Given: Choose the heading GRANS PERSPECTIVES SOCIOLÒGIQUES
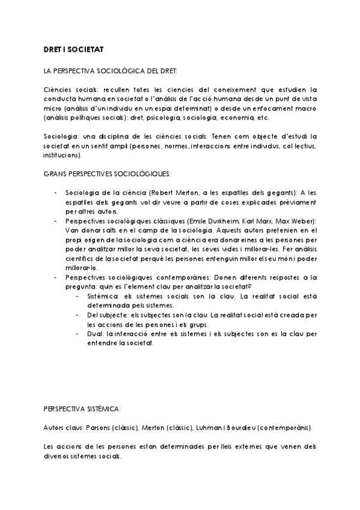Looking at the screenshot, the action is pos(107,174).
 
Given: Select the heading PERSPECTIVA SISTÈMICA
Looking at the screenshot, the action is pos(82,408).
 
